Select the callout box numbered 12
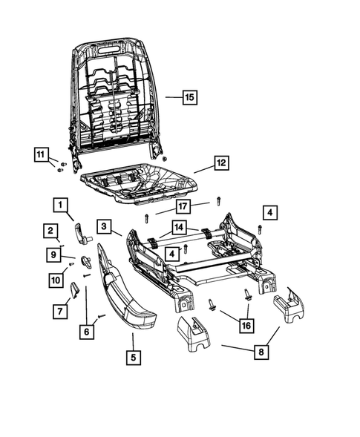[x=220, y=162]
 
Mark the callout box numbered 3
[x=105, y=226]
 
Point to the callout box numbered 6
[x=87, y=332]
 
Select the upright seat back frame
[x=119, y=96]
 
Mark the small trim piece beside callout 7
[x=75, y=291]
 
